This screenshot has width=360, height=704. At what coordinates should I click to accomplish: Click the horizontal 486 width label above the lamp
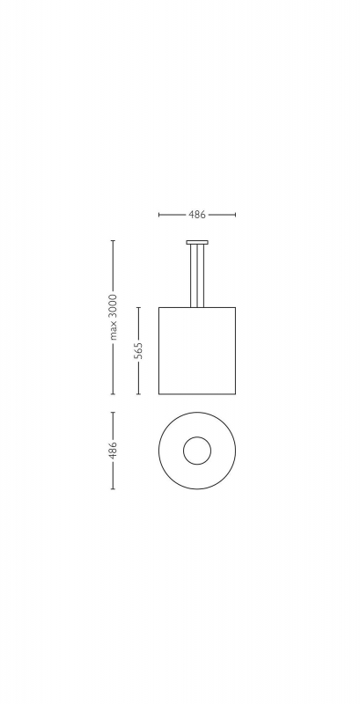[197, 215]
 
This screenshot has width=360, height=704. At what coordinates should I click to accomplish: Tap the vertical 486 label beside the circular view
[113, 451]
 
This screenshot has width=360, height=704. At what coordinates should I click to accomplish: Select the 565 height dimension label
[138, 350]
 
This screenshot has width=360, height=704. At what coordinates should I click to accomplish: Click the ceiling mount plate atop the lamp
[197, 243]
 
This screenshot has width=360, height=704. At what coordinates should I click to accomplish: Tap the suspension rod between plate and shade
[197, 276]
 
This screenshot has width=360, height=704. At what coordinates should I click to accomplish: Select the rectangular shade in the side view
[197, 351]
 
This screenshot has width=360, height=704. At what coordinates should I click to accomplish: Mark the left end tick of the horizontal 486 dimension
[159, 215]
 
